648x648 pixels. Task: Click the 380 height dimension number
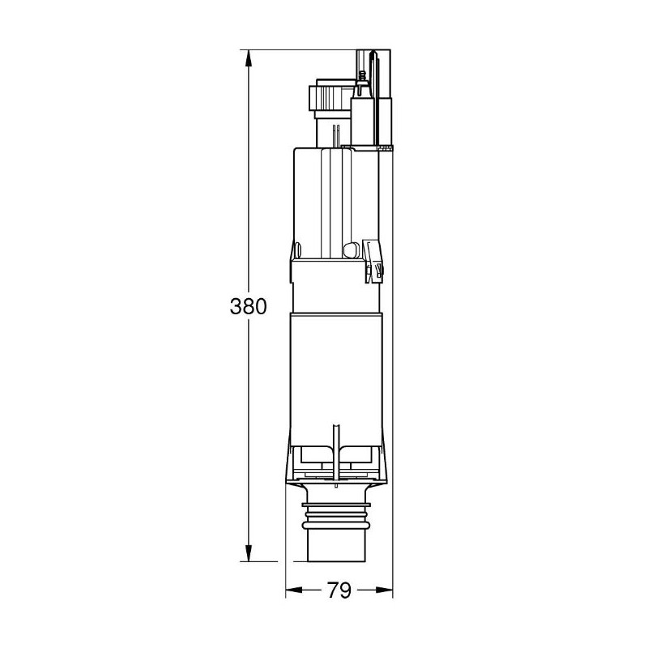click(249, 307)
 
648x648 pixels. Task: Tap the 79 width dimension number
click(339, 590)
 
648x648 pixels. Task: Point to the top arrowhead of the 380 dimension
click(249, 58)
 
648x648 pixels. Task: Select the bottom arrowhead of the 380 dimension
click(249, 553)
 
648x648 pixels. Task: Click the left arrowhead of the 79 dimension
click(294, 590)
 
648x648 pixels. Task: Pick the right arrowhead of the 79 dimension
click(384, 590)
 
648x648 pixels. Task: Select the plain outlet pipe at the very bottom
click(337, 545)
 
